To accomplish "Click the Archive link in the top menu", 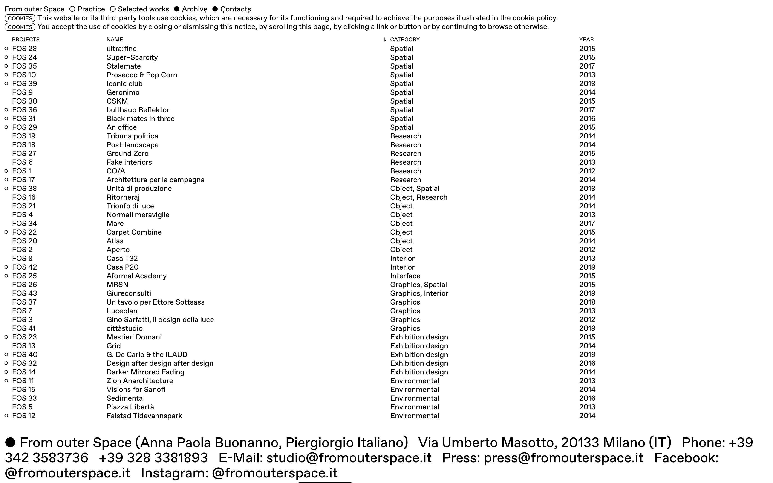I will pos(194,9).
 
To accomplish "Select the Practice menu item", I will pos(91,9).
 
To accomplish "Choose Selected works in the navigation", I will pos(143,9).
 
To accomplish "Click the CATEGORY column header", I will pos(405,40).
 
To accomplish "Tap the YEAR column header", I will pos(586,40).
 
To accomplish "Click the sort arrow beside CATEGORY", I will pos(385,40).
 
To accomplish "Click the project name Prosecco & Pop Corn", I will pos(141,75).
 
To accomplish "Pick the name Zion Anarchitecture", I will pos(140,381).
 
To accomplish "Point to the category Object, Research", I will pos(418,197).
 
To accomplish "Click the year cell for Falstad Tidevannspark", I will pos(587,416).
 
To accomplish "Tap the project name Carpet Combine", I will pos(134,232).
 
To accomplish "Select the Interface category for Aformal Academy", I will pos(405,276).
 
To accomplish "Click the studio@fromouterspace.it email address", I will pos(349,458).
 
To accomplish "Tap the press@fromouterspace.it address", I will pos(563,458).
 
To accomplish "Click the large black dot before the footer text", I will pos(10,443).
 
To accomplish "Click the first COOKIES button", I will pos(20,18).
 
